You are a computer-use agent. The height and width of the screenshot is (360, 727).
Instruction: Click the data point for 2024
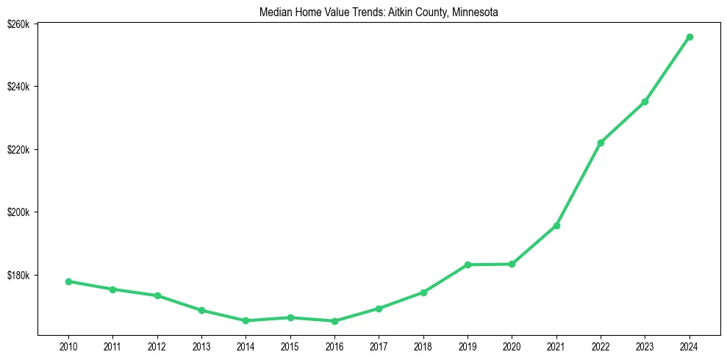690,37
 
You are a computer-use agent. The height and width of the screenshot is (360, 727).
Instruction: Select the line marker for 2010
68,281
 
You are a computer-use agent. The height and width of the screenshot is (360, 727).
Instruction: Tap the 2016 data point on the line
334,321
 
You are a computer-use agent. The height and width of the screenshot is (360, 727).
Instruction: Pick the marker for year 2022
601,143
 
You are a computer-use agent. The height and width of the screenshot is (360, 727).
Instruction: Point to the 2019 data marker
468,264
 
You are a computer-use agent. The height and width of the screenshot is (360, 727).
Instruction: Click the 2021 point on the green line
556,226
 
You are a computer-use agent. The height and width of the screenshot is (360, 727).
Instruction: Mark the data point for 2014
246,321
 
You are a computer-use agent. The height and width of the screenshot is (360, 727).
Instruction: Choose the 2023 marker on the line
645,101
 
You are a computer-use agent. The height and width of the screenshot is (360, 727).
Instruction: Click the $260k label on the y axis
18,24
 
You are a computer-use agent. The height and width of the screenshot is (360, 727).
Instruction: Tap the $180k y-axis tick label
18,276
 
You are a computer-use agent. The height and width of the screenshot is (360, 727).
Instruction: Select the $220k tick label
18,150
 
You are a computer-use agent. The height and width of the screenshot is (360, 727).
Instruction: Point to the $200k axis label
18,212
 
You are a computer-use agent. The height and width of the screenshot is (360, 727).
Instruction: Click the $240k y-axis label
18,87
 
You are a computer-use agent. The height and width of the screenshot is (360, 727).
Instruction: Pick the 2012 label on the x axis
157,345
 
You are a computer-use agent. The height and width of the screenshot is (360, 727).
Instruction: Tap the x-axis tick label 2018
423,345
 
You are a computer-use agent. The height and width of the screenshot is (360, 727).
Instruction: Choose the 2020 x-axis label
512,345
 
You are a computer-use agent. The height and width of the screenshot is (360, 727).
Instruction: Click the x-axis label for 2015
290,345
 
